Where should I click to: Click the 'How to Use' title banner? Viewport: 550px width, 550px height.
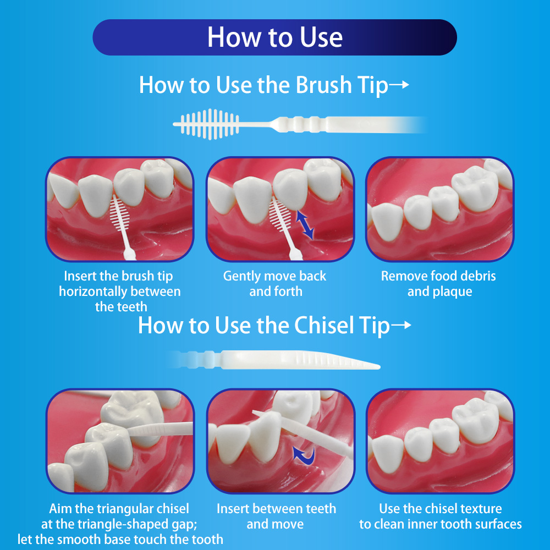274,37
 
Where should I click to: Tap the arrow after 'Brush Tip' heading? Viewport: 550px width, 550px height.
399,85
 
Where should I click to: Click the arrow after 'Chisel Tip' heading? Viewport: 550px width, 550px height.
401,325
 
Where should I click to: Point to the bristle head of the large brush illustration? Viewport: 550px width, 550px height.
210,124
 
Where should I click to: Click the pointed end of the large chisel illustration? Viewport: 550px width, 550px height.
379,367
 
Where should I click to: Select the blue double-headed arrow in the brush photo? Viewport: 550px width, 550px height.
305,225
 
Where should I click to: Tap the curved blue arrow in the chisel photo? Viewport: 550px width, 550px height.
304,456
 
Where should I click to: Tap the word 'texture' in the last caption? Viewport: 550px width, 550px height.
481,509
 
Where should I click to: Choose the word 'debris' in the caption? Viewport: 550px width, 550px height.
479,276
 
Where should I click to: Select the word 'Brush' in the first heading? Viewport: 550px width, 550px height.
323,85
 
